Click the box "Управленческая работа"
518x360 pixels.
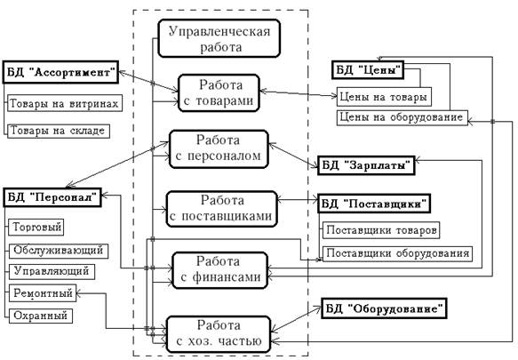click(x=219, y=38)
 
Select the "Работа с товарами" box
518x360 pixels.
click(x=219, y=93)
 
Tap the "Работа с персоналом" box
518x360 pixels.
click(x=219, y=149)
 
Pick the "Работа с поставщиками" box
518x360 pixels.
click(x=221, y=209)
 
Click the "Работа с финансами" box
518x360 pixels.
click(x=219, y=270)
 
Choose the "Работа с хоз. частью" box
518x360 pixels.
click(x=219, y=334)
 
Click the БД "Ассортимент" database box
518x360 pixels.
click(x=60, y=72)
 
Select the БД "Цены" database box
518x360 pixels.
click(x=368, y=69)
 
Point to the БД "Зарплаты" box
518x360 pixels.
click(x=366, y=165)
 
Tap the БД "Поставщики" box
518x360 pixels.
click(x=374, y=204)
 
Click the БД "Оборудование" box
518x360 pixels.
click(x=384, y=308)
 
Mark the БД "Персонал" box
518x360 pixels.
click(x=52, y=197)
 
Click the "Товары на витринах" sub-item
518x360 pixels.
click(x=65, y=104)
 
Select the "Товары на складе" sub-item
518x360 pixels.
click(x=59, y=131)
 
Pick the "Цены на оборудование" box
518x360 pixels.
click(x=402, y=117)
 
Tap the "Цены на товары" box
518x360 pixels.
click(x=384, y=97)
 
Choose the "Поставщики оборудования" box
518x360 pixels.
click(x=397, y=253)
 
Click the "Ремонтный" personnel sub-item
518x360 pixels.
click(x=43, y=293)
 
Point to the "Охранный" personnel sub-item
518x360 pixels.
click(x=40, y=316)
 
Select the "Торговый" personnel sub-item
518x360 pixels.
click(x=36, y=227)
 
